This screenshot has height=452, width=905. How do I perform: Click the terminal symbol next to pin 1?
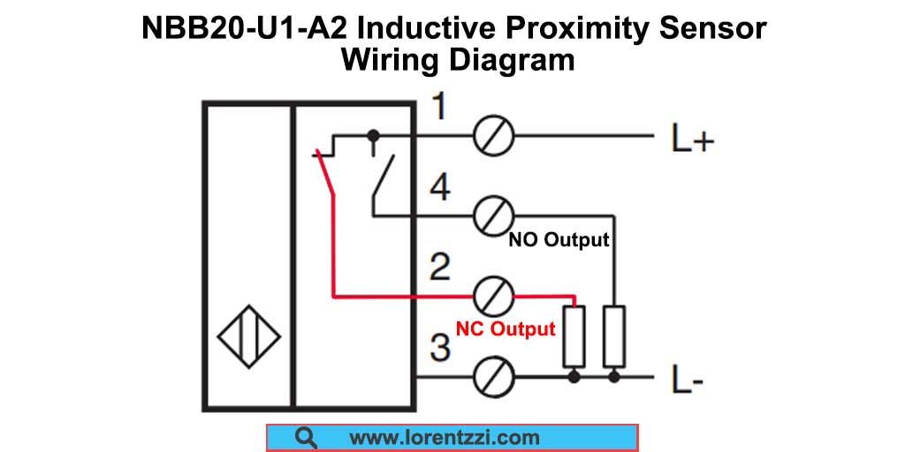pos(493,137)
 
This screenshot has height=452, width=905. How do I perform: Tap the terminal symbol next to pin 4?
pos(493,215)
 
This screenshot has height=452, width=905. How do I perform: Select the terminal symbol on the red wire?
pos(493,296)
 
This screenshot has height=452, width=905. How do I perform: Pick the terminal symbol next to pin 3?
pos(493,378)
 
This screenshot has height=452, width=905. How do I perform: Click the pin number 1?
pos(438,108)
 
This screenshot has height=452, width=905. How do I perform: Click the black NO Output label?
pos(559,240)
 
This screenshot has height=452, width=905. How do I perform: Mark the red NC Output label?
pos(506,329)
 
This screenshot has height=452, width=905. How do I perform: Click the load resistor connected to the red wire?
pos(574,336)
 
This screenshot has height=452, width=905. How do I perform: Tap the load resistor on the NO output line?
pos(614,336)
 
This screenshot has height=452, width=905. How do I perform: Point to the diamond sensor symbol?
pos(248,336)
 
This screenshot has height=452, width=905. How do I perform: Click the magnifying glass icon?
pos(307,438)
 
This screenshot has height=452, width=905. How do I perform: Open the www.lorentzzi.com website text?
pos(444,438)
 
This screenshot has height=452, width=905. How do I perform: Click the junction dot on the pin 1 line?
pos(373,136)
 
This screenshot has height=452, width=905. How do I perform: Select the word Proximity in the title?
pos(585,28)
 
